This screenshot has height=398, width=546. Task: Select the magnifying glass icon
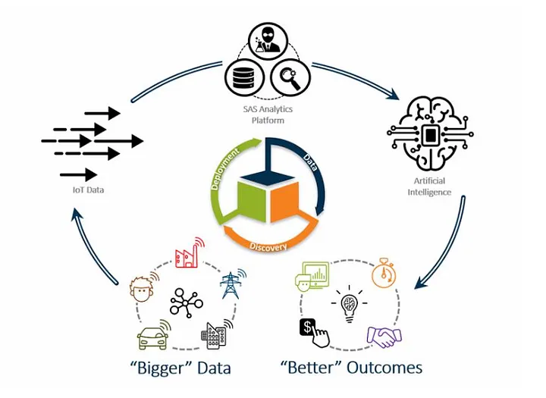(x=290, y=77)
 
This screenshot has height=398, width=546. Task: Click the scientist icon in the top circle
(x=268, y=42)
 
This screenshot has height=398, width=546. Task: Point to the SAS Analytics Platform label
(x=268, y=114)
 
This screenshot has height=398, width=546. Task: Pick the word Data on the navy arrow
(x=310, y=161)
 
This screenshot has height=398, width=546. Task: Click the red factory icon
(x=189, y=254)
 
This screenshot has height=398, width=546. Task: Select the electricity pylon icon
(x=231, y=284)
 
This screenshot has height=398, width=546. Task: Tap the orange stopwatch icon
(x=384, y=273)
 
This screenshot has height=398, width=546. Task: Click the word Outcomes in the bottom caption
(x=383, y=368)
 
